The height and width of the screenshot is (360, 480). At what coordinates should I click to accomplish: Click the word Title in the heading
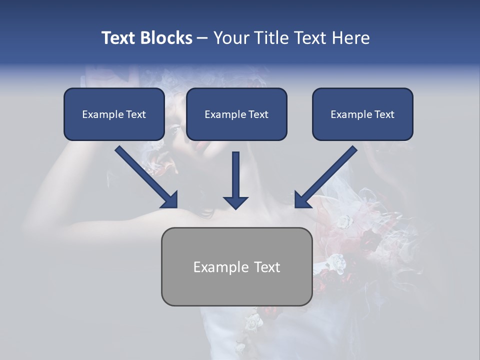(x=272, y=38)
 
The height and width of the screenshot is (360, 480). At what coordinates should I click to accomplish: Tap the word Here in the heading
(x=350, y=38)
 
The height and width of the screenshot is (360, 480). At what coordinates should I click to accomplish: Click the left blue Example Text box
(x=114, y=114)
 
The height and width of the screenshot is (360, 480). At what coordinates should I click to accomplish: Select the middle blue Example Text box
(x=236, y=114)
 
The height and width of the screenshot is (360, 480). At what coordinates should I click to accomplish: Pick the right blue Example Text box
(x=362, y=114)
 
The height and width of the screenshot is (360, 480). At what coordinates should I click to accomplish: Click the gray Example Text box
(x=236, y=266)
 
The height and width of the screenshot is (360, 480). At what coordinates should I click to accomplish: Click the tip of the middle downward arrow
(x=235, y=208)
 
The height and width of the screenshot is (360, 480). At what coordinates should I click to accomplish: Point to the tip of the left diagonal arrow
(x=176, y=206)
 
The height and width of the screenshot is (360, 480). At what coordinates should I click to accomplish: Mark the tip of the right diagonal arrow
(x=295, y=206)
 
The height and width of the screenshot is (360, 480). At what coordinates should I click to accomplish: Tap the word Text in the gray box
(x=267, y=267)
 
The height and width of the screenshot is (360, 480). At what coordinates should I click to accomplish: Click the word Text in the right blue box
(x=384, y=114)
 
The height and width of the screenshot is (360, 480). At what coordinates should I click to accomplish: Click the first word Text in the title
(x=119, y=38)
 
